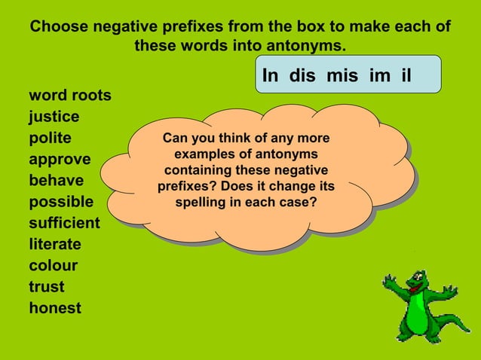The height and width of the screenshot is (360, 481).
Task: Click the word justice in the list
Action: tap(54, 117)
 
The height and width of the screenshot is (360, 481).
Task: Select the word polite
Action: tap(50, 139)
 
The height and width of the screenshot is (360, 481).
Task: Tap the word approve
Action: tap(60, 160)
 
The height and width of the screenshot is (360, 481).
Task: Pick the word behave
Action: tap(56, 181)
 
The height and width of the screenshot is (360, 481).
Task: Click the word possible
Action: tap(61, 202)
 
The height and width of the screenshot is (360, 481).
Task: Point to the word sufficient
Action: tap(64, 223)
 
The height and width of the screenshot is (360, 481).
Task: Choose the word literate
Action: tap(55, 244)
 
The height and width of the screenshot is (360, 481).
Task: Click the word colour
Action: tap(53, 265)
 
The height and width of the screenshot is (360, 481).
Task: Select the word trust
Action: tap(47, 286)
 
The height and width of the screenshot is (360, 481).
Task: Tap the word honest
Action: tap(55, 307)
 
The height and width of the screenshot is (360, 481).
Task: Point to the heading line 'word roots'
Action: tap(70, 96)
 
